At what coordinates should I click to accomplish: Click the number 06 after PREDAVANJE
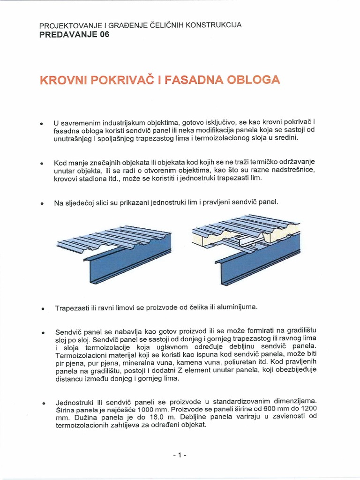coord(103,35)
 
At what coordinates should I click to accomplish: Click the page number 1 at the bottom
coord(180,456)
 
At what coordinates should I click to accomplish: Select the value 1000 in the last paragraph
coord(144,409)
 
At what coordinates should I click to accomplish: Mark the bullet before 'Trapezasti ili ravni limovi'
coord(42,309)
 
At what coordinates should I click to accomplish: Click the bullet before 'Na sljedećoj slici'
coord(42,203)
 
